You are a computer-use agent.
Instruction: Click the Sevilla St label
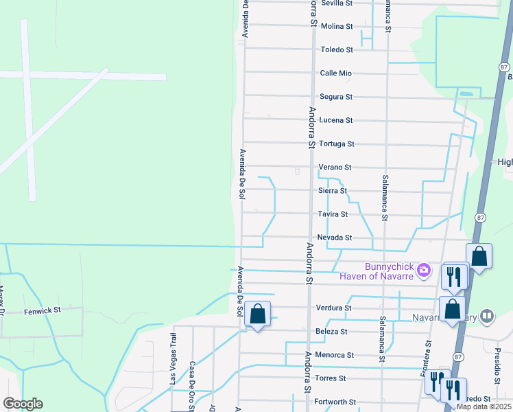(336, 3)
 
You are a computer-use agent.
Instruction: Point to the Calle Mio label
(336, 73)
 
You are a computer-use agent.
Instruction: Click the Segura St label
(336, 97)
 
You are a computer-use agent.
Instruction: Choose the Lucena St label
(336, 120)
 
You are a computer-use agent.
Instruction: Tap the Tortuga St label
(336, 144)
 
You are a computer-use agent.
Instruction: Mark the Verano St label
(335, 168)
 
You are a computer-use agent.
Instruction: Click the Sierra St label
(333, 191)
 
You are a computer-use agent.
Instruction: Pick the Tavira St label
(333, 214)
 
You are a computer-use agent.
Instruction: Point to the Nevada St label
(334, 238)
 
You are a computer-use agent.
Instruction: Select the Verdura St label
(333, 308)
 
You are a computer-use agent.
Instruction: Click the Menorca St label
(336, 355)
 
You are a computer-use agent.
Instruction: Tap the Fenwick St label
(43, 310)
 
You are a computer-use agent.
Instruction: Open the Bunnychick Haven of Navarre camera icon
(424, 270)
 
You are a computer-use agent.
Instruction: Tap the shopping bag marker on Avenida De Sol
(257, 314)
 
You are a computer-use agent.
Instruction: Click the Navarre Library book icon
(487, 317)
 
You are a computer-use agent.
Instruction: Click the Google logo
(23, 404)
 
